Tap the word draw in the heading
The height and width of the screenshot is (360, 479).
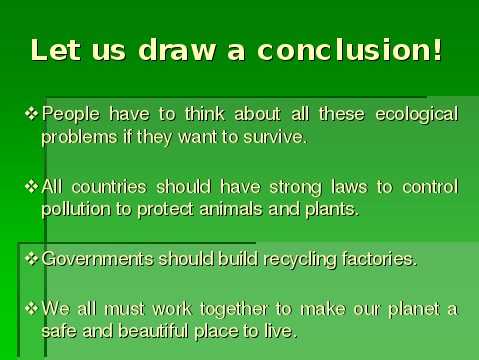pyautogui.click(x=177, y=50)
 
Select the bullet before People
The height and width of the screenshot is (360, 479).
pyautogui.click(x=32, y=113)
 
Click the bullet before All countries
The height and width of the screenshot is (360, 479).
pyautogui.click(x=32, y=186)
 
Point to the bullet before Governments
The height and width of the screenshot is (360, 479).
pyautogui.click(x=32, y=258)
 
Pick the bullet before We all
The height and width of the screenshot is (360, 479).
pyautogui.click(x=32, y=308)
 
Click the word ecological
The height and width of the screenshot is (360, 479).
pyautogui.click(x=417, y=115)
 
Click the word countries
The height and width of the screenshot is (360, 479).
pyautogui.click(x=109, y=187)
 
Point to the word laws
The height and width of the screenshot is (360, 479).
pyautogui.click(x=349, y=187)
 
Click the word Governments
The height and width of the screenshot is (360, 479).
pyautogui.click(x=98, y=259)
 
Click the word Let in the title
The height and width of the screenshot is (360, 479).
pyautogui.click(x=56, y=50)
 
